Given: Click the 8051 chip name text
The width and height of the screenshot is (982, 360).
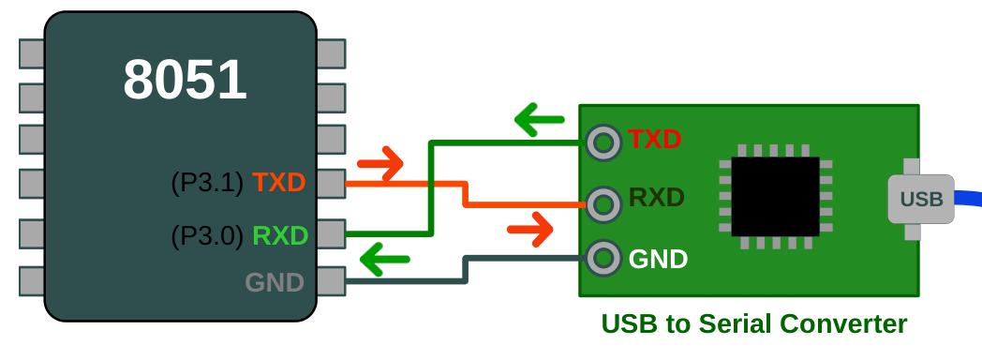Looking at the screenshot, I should point(185,81).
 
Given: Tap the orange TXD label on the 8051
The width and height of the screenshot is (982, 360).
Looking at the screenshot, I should point(279,182).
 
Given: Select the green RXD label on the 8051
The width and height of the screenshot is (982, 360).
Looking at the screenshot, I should point(280,234).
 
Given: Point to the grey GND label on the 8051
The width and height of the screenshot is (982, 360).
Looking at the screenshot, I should point(275,281).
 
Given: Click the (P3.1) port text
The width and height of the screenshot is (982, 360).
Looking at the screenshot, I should point(206,183).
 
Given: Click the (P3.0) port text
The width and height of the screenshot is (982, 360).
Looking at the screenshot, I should point(206,234).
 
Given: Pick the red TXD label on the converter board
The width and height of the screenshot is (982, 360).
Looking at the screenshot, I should point(654,140).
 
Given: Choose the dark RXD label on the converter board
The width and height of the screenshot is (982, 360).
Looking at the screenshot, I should point(656,199).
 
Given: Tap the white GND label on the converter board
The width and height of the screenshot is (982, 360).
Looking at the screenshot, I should point(658,258).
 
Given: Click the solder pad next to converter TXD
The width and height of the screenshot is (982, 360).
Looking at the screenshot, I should point(603,142).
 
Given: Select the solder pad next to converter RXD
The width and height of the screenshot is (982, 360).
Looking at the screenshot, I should point(603,201).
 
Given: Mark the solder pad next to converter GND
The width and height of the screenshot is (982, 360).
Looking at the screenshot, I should point(603,257).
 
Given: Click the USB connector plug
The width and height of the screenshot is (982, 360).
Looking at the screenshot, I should point(920,199).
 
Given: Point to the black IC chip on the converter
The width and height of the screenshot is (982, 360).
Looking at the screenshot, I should point(775,199).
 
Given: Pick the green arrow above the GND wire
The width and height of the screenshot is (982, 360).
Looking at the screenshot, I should point(386,258).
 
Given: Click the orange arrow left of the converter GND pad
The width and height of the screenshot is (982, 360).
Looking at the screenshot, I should point(529,229).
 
